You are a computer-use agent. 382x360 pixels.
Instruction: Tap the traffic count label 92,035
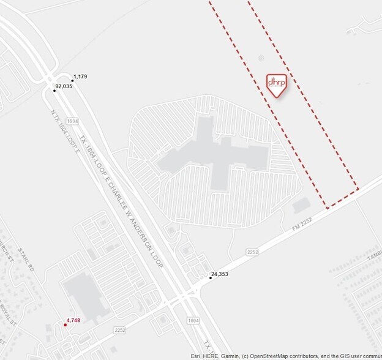64,87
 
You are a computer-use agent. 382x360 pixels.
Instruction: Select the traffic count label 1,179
80,77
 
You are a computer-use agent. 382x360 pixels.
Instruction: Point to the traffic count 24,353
220,274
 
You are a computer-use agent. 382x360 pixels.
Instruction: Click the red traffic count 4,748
73,320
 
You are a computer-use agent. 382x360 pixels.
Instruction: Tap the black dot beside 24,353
211,278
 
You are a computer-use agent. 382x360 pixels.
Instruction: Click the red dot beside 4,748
66,324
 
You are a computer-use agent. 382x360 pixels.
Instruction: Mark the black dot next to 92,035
54,91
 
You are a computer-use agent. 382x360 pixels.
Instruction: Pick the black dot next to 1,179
72,80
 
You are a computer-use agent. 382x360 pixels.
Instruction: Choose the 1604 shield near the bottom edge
193,320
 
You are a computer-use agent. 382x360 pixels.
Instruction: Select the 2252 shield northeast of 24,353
252,251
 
